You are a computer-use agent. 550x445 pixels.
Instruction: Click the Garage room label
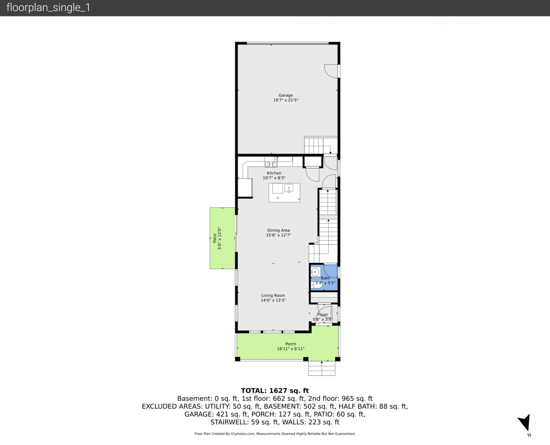286,95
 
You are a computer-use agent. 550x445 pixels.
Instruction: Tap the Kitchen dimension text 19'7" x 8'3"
274,178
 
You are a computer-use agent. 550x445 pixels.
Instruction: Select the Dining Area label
279,230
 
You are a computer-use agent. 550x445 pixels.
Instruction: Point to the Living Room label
273,295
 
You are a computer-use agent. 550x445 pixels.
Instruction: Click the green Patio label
215,238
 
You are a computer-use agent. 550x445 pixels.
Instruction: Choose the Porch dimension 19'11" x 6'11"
291,349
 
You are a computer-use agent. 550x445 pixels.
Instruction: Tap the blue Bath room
324,278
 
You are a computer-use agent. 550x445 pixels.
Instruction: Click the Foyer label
323,314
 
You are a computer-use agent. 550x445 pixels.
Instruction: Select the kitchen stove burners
271,164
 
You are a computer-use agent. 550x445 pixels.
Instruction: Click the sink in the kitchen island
289,188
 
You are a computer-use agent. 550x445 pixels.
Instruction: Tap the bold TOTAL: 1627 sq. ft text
275,391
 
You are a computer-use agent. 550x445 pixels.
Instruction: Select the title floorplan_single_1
48,8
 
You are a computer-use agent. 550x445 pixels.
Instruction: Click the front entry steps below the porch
322,368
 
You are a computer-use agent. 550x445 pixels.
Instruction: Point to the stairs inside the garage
321,145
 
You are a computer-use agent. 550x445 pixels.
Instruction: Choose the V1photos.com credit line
275,434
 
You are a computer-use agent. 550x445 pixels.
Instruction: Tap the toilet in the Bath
316,285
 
